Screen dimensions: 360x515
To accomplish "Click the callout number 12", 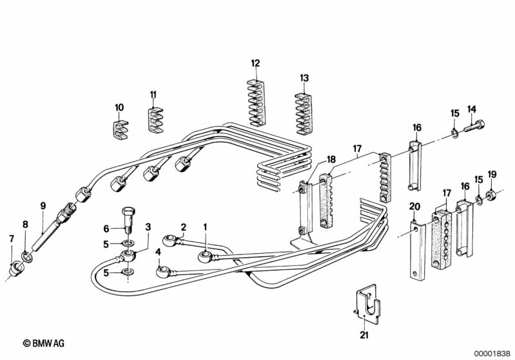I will pyautogui.click(x=255, y=63).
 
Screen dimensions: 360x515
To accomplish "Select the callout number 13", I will pyautogui.click(x=304, y=78).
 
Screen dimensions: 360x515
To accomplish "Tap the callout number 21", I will pyautogui.click(x=363, y=334).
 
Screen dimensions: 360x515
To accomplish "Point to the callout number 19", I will pyautogui.click(x=492, y=174).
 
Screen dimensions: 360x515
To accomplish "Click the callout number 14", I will pyautogui.click(x=472, y=109).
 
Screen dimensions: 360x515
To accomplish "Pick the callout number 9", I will pyautogui.click(x=43, y=206).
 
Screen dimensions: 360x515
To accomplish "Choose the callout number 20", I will pyautogui.click(x=414, y=207).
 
